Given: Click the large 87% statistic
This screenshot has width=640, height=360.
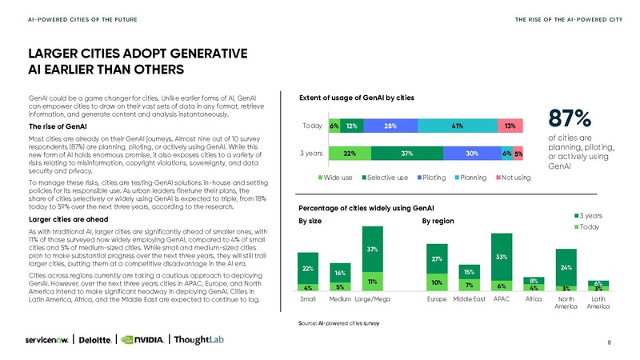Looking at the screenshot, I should (x=570, y=118).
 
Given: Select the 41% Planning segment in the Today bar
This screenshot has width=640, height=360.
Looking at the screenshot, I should (x=458, y=126).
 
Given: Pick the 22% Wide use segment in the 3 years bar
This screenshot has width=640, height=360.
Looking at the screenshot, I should (x=349, y=154).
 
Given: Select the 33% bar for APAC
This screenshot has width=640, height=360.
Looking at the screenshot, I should (x=502, y=258).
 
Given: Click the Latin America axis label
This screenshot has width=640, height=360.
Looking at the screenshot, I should (x=598, y=303).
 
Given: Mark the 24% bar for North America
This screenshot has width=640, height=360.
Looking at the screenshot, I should (x=566, y=267).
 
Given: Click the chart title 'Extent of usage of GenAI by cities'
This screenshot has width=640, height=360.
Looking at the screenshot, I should (x=356, y=98).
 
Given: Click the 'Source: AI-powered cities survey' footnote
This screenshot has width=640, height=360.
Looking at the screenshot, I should (x=338, y=322).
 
